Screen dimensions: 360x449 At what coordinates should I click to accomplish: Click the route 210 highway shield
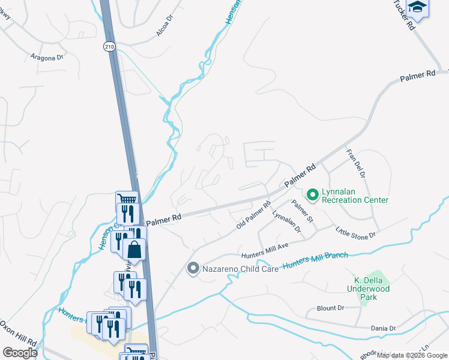point(109,46)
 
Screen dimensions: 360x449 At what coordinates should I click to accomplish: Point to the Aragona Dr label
point(47,57)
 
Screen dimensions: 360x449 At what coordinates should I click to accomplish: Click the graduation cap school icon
point(417,8)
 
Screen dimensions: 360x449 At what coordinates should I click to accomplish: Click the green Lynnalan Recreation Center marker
point(312,194)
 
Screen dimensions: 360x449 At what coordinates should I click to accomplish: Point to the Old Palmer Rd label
point(254,214)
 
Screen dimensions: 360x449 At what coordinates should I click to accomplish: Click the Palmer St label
point(303,210)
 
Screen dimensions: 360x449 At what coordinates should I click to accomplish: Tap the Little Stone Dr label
point(355,231)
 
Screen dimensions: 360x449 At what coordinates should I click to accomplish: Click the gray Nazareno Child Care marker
point(193,268)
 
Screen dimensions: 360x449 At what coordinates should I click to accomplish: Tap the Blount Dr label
point(330,308)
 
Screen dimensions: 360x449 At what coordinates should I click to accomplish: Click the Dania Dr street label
point(384,328)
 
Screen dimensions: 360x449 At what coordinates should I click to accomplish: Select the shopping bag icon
point(135,249)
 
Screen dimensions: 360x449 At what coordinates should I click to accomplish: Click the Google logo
point(20,353)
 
